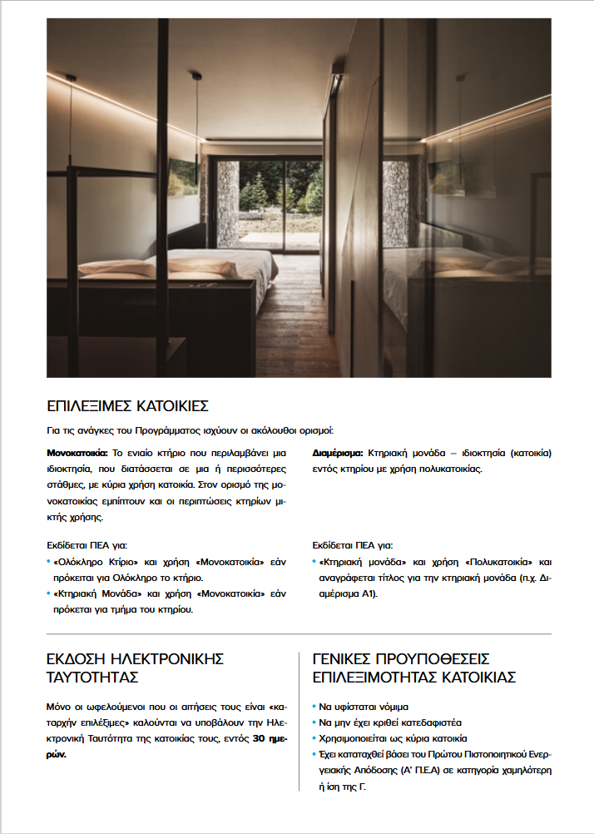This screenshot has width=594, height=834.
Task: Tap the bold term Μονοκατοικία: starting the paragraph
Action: click(x=77, y=454)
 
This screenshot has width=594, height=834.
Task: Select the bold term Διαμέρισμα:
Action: click(x=337, y=454)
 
